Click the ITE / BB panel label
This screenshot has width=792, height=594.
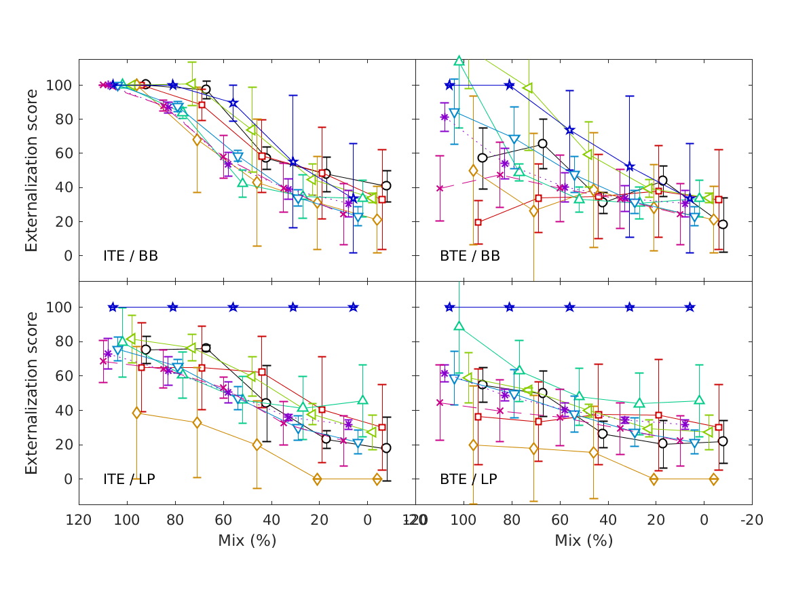click(130, 256)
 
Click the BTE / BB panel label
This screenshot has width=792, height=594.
click(470, 256)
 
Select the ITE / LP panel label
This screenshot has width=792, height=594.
click(129, 479)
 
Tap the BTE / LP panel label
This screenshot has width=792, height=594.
click(468, 479)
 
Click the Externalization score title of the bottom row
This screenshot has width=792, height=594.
click(31, 393)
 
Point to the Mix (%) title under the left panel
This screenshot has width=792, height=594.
click(247, 541)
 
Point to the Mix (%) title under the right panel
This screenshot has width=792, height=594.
click(584, 541)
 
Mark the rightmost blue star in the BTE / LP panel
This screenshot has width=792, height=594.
click(690, 307)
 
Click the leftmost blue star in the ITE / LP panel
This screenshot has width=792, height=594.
click(113, 307)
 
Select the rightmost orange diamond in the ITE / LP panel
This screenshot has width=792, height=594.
click(377, 479)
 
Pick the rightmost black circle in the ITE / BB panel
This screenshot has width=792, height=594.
click(386, 185)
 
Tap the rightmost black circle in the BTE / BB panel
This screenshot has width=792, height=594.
click(723, 224)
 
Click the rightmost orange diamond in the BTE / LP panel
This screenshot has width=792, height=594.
click(714, 479)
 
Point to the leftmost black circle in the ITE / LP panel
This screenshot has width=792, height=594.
click(145, 350)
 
